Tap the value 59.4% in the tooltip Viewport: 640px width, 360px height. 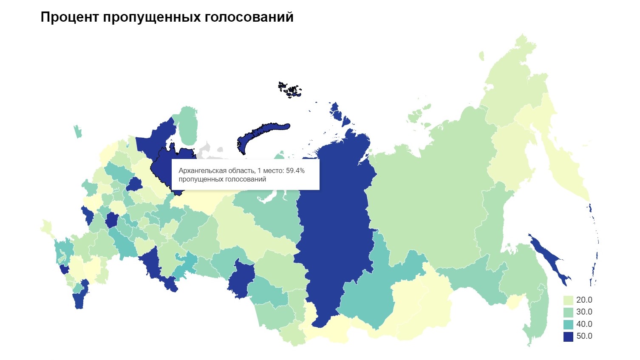(x=295, y=170)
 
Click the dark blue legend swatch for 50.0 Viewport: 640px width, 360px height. (x=568, y=336)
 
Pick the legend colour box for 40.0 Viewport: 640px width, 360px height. (x=568, y=324)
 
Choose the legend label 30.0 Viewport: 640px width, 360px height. (x=584, y=312)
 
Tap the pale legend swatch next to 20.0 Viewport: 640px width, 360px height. (x=568, y=300)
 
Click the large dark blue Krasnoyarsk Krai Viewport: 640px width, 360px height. (x=331, y=230)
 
